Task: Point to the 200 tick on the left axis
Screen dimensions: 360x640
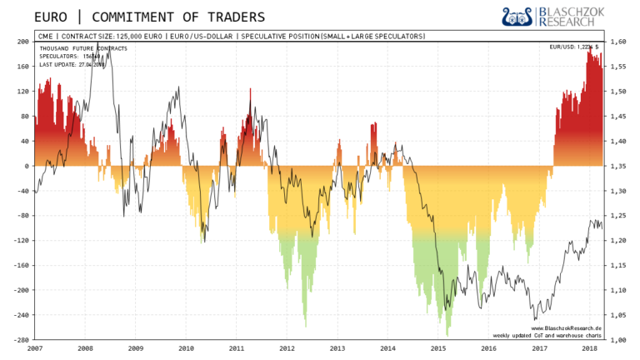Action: [x=23, y=41]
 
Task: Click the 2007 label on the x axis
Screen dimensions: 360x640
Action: [x=35, y=348]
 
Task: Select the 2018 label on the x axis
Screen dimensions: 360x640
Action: [x=590, y=348]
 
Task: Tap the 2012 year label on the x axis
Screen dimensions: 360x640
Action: [x=287, y=348]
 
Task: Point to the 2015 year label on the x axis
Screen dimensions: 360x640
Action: [x=438, y=348]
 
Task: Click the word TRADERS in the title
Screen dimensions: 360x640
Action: [x=231, y=17]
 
